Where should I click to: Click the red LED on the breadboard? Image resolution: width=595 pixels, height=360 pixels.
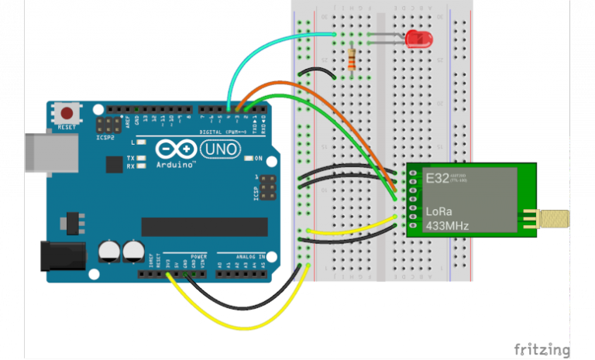point(419,37)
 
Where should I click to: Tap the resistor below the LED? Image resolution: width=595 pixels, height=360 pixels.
point(353,58)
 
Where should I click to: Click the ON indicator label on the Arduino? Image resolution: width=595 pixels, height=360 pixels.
point(259,159)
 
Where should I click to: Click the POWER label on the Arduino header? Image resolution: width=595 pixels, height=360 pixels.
point(198,255)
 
